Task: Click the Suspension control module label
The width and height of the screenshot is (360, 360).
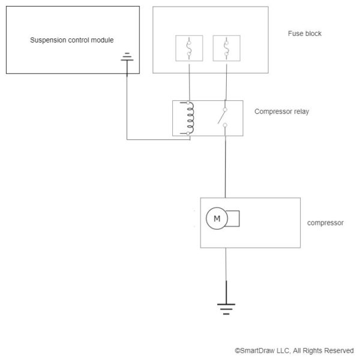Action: tap(71, 40)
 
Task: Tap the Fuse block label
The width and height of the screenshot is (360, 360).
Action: tap(304, 34)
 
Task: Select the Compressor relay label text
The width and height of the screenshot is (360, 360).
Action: tap(281, 112)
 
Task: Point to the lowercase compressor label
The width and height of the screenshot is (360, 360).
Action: tap(325, 223)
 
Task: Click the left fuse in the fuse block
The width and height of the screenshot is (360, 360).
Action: tap(190, 48)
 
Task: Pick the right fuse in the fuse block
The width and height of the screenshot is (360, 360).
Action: tap(226, 48)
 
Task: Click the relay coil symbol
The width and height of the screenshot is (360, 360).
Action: tap(190, 118)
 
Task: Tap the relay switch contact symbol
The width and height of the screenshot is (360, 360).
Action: tap(225, 118)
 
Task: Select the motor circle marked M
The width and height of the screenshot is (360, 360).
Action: tap(217, 219)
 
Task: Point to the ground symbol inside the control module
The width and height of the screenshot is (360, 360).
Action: tap(127, 58)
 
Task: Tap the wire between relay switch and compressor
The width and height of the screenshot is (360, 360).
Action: tap(226, 168)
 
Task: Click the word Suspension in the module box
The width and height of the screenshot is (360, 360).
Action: tap(47, 40)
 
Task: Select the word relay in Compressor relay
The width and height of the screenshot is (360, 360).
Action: tap(301, 112)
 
